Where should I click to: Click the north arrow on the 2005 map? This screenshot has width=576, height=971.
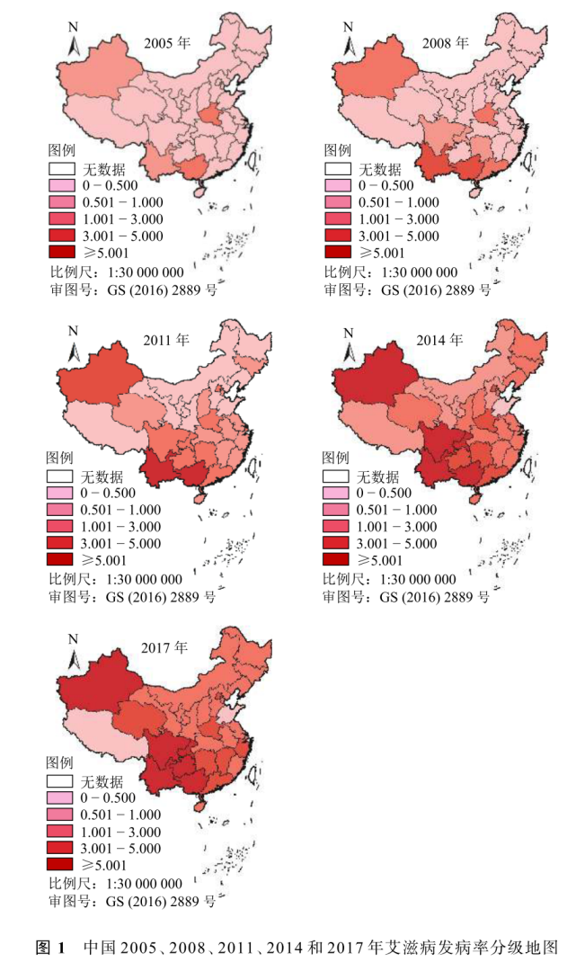pyautogui.click(x=75, y=40)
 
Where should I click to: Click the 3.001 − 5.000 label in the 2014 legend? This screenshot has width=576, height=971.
pyautogui.click(x=397, y=543)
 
